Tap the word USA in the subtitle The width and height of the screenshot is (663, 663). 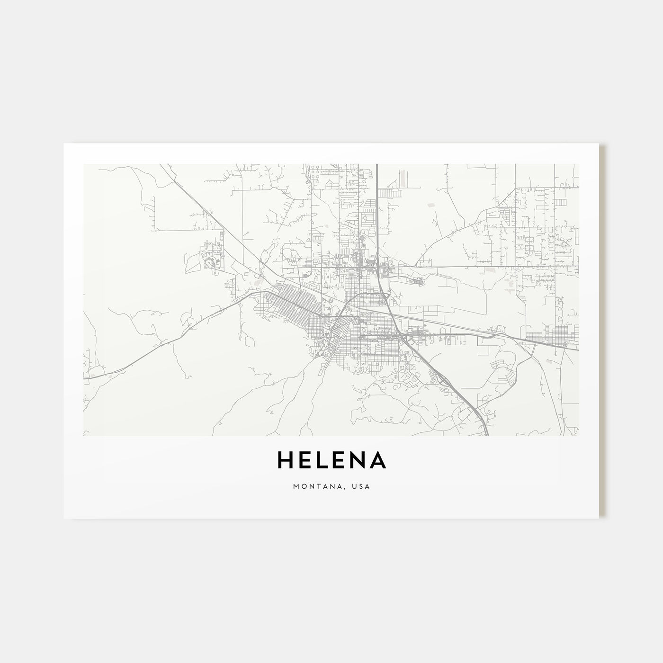click(x=362, y=486)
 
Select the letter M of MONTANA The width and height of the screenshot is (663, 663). click(x=296, y=486)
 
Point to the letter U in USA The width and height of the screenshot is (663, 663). click(x=356, y=486)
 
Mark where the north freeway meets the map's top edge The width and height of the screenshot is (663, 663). click(x=377, y=165)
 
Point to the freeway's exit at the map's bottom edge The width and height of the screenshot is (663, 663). click(x=487, y=434)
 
